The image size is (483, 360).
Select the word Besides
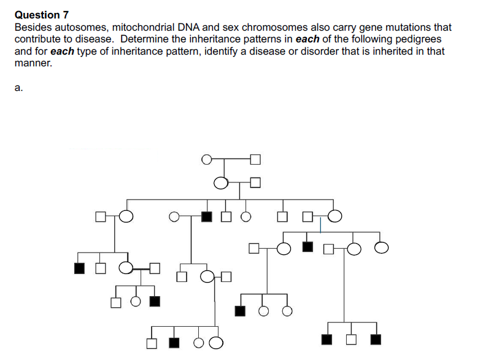[33, 28]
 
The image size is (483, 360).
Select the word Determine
[145, 39]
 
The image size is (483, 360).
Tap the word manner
[31, 63]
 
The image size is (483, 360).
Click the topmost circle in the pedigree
[207, 160]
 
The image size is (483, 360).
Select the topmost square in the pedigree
[256, 160]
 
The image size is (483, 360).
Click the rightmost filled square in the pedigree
[376, 338]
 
